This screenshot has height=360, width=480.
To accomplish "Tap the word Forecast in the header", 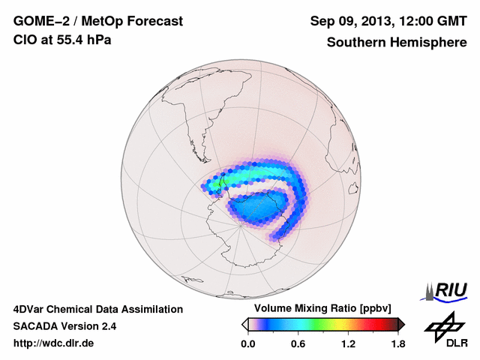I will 154,21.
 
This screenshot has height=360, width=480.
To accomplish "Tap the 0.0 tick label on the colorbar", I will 248,343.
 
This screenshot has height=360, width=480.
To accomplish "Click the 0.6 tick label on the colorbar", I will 298,343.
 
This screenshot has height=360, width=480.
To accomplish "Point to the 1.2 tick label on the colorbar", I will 347,343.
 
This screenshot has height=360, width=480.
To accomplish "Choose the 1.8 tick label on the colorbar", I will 397,343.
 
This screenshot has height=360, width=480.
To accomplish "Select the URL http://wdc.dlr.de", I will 54,343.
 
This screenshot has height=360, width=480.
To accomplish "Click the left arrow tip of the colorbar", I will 244,324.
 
